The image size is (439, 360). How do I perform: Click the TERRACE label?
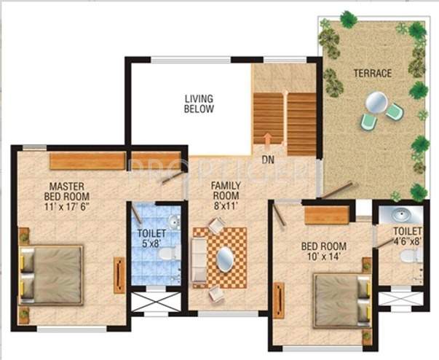pyautogui.click(x=373, y=73)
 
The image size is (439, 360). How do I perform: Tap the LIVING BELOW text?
pyautogui.click(x=199, y=103)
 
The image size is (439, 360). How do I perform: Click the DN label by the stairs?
pyautogui.click(x=268, y=158)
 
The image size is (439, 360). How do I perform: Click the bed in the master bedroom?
pyautogui.click(x=51, y=274)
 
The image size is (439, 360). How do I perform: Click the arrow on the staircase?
pyautogui.click(x=268, y=139)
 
